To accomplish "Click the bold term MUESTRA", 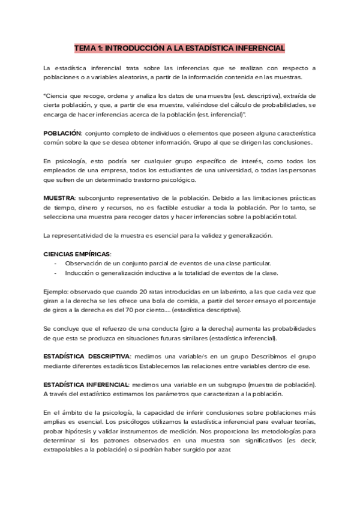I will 58,197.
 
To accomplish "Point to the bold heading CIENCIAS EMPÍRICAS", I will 77,254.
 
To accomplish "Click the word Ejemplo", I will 56,291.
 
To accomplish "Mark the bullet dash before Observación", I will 56,264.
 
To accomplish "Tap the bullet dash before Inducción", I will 56,273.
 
